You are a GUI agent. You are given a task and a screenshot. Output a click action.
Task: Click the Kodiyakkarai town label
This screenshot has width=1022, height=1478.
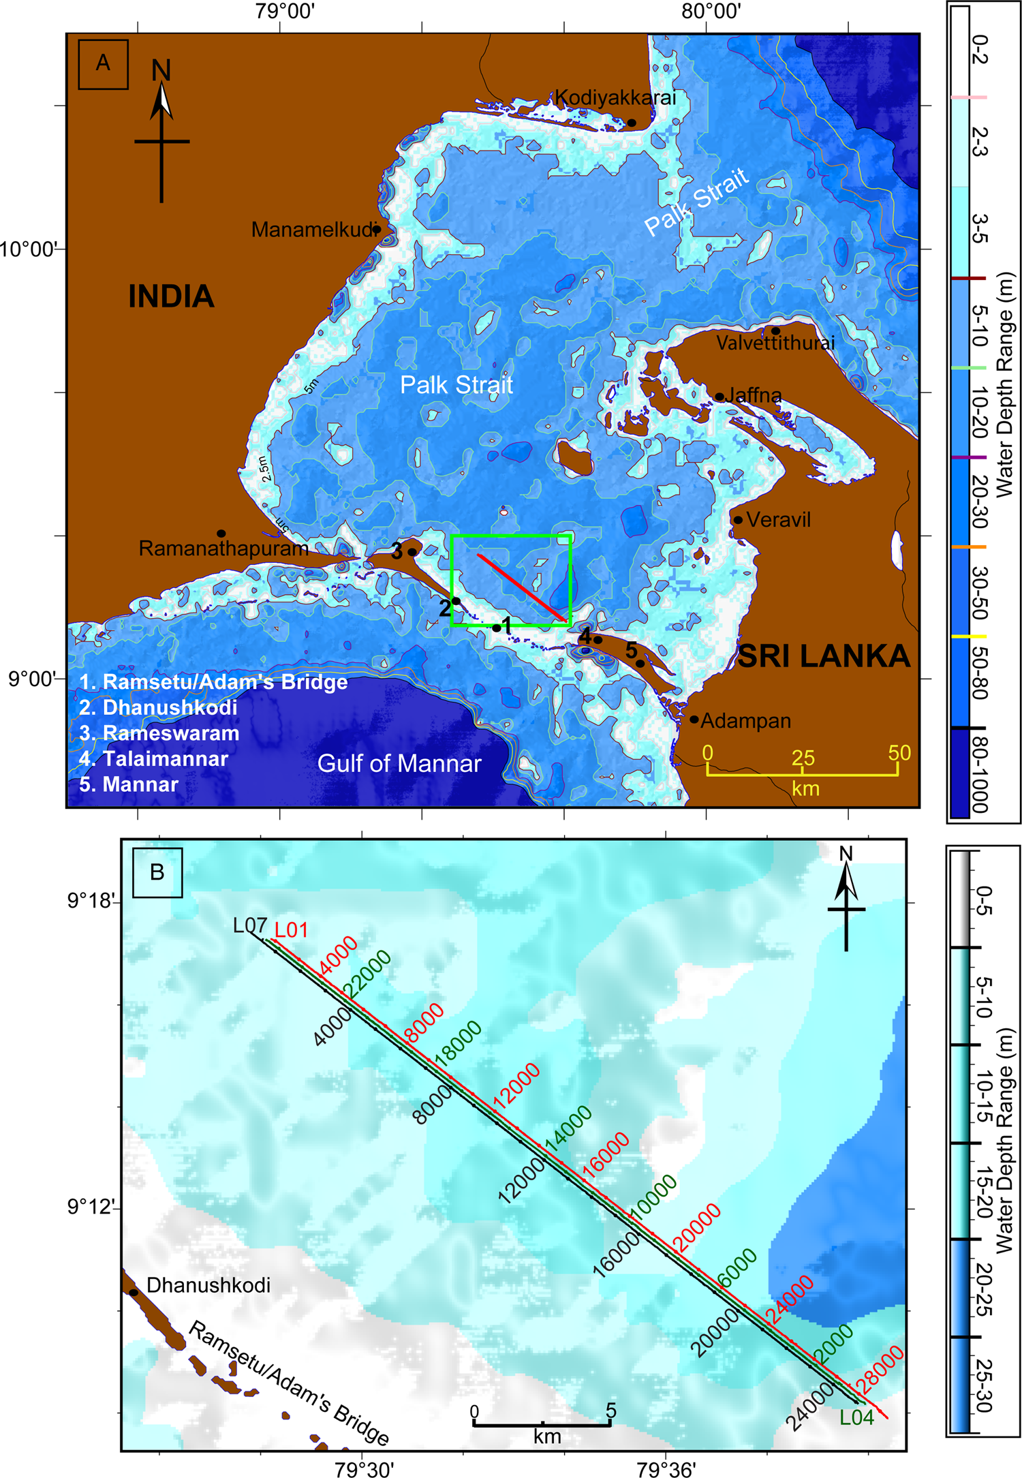(x=615, y=97)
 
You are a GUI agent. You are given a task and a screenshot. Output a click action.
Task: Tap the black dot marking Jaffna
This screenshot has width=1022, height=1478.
(x=719, y=397)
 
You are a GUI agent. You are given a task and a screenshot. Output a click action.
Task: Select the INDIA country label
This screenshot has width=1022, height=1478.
(x=171, y=297)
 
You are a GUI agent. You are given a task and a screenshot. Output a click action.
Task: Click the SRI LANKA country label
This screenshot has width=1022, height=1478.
(x=824, y=656)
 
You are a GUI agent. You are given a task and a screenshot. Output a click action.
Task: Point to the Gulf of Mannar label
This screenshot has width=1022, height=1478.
(x=399, y=763)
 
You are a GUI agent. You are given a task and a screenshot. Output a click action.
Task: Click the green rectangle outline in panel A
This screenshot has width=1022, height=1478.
(x=510, y=536)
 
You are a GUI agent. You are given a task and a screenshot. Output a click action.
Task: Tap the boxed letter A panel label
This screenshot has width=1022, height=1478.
(x=103, y=64)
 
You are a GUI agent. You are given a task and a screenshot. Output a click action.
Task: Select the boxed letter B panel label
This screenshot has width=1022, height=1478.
(x=157, y=872)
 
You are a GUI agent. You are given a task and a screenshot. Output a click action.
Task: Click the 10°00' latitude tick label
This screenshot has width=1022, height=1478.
(x=27, y=249)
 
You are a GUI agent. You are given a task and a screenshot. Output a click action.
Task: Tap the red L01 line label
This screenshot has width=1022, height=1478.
(x=291, y=930)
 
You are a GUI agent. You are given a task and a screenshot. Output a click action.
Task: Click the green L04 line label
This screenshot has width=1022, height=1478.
(x=856, y=1417)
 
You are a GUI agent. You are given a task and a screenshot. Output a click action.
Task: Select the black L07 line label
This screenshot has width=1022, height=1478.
(x=249, y=925)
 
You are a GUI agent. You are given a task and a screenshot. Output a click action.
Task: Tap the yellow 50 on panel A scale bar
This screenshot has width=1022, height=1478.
(x=899, y=753)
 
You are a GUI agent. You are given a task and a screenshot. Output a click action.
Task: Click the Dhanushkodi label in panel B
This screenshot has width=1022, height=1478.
(x=208, y=1285)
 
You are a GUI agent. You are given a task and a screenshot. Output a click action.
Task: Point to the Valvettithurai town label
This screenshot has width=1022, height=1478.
(x=775, y=343)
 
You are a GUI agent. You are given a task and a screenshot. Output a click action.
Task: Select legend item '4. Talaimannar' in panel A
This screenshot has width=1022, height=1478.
(x=153, y=759)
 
